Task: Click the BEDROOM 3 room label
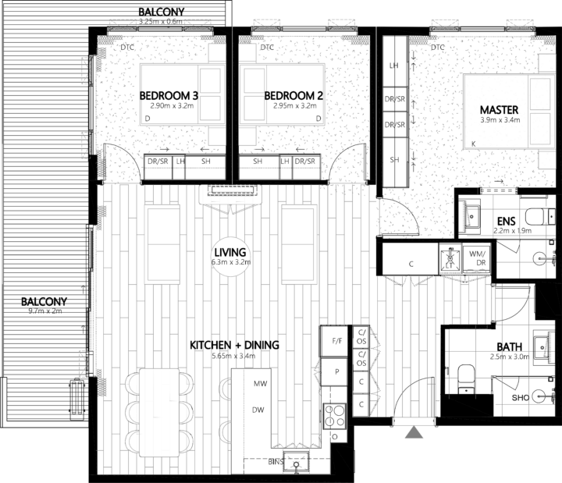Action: pos(169,95)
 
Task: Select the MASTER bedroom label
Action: pos(496,109)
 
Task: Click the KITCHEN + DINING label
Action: pos(234,345)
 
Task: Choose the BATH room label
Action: pos(510,348)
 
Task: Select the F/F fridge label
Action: pos(337,341)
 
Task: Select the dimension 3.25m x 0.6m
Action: pos(160,21)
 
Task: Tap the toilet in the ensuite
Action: pos(538,215)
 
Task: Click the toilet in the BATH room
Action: pos(468,377)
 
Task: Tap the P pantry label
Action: pos(336,371)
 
